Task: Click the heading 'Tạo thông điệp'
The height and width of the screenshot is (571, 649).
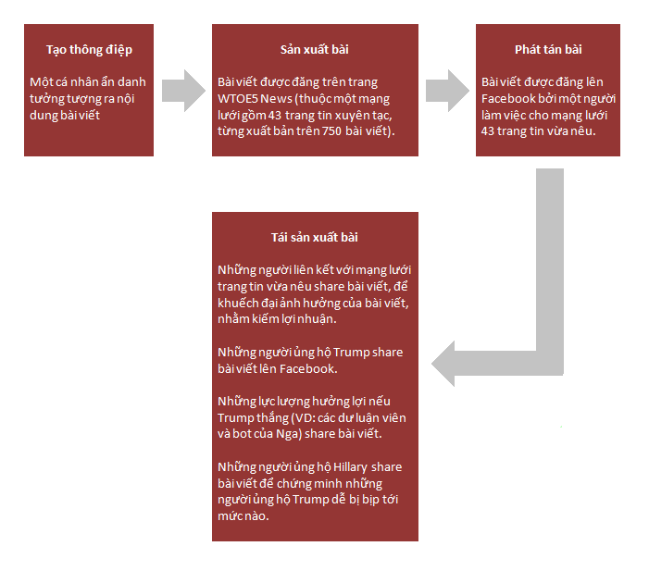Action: pyautogui.click(x=89, y=50)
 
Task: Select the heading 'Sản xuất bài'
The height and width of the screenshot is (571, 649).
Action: pyautogui.click(x=315, y=50)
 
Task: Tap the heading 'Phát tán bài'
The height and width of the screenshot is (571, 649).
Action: pyautogui.click(x=548, y=50)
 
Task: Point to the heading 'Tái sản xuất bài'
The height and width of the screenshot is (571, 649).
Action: pyautogui.click(x=315, y=238)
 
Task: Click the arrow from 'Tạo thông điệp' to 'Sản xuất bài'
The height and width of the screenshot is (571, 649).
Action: pyautogui.click(x=183, y=90)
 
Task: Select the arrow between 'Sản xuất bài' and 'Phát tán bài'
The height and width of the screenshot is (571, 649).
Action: pyautogui.click(x=447, y=90)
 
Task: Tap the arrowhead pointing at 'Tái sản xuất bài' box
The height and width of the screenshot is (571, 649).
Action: pyautogui.click(x=443, y=364)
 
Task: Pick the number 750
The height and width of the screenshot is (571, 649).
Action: pyautogui.click(x=331, y=131)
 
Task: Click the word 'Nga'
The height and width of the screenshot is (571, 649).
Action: pyautogui.click(x=286, y=434)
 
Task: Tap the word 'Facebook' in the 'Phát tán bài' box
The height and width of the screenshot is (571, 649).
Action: pyautogui.click(x=508, y=98)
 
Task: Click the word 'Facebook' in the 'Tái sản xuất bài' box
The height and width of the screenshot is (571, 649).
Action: pyautogui.click(x=307, y=368)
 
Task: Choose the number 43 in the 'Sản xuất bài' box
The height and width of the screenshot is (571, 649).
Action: pyautogui.click(x=274, y=115)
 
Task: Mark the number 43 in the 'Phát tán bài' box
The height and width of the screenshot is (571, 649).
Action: pyautogui.click(x=488, y=131)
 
